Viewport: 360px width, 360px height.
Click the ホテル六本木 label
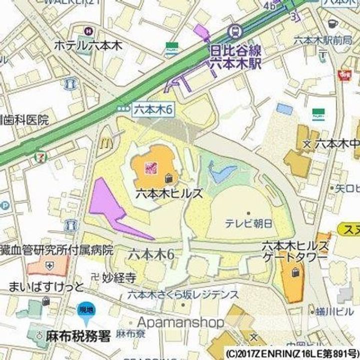click(87, 45)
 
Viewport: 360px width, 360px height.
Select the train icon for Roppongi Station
click(234, 31)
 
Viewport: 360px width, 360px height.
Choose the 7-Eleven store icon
click(39, 157)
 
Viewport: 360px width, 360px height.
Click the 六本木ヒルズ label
click(169, 193)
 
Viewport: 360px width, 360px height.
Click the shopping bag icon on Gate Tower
click(296, 272)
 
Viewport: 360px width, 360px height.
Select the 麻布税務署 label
click(77, 336)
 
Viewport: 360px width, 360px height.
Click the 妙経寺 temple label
click(119, 276)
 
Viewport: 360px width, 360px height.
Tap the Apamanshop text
click(180, 321)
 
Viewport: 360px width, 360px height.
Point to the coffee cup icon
click(332, 23)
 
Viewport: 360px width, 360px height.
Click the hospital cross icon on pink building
click(48, 266)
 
